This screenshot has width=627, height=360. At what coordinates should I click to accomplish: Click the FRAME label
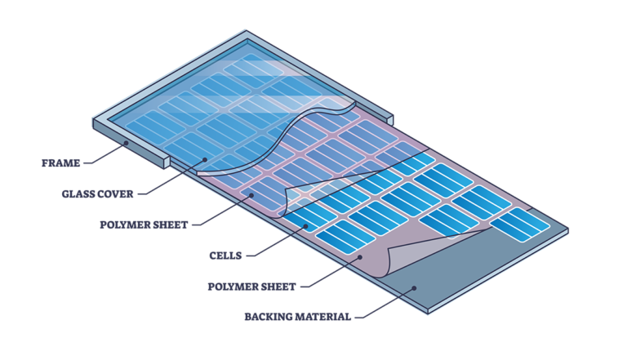[x=61, y=163]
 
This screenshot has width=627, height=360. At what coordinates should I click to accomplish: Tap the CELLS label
[x=225, y=256]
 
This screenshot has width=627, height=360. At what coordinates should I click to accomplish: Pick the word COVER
[x=117, y=194]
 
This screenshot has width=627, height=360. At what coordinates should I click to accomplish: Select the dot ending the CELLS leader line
[x=306, y=225]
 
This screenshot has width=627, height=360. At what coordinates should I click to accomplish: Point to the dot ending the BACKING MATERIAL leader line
[x=414, y=287]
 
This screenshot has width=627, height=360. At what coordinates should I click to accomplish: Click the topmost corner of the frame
[x=245, y=32]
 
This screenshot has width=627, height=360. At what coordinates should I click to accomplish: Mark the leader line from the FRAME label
[x=104, y=155]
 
